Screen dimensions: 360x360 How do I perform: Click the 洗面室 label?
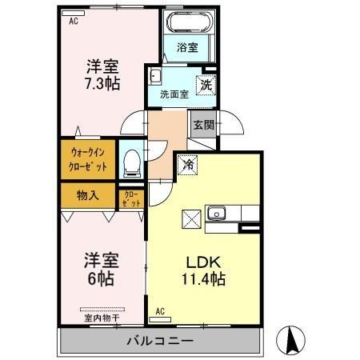coord(174,94)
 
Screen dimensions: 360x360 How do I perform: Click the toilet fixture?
coord(131,164)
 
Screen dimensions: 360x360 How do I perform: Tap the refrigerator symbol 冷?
coord(187,164)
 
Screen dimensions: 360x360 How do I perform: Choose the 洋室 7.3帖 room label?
coord(103,73)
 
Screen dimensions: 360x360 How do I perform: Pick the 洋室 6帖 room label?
coord(102,270)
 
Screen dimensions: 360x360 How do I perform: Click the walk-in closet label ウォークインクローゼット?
coord(87,159)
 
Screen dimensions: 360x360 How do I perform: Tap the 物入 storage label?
coord(87,194)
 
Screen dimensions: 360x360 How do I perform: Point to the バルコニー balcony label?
coord(160,341)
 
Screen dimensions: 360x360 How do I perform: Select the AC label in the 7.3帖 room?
coord(73,21)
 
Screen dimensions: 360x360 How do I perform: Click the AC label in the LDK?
coord(160,310)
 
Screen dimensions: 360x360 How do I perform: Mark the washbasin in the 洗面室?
coord(155,78)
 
